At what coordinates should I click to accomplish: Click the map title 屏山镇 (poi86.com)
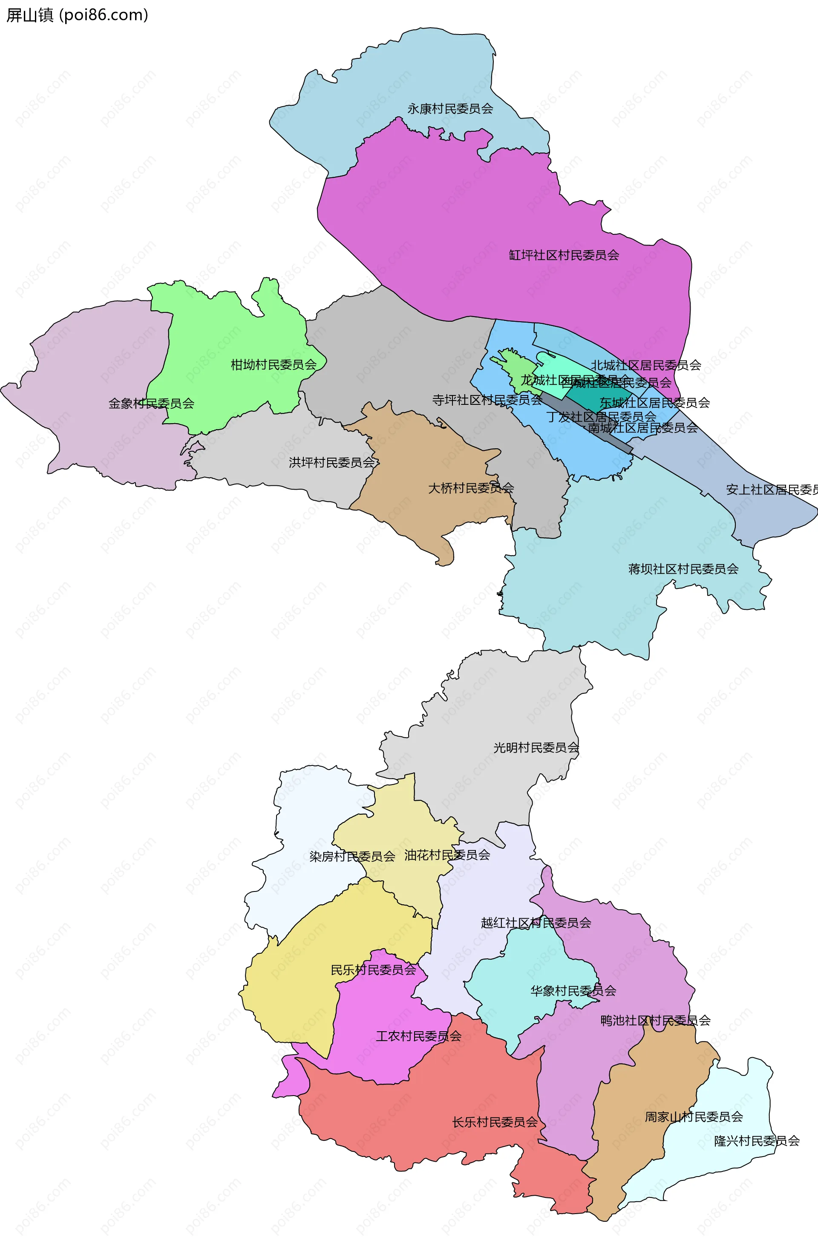(77, 15)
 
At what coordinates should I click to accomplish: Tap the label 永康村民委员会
(450, 109)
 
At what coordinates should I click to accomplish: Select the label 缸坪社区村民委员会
(564, 255)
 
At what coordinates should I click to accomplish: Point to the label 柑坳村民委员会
(274, 364)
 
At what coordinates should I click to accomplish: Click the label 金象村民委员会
(151, 403)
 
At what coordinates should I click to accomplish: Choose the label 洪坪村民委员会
(331, 462)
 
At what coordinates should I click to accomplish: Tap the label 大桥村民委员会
(471, 488)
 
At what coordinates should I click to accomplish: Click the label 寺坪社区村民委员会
(487, 400)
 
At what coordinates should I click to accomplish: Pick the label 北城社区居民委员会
(646, 365)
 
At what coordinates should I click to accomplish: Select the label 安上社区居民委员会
(771, 490)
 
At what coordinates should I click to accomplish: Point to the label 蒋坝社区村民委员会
(683, 569)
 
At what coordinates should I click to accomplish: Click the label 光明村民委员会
(536, 747)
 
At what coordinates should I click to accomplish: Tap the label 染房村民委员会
(352, 857)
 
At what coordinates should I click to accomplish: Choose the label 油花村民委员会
(447, 855)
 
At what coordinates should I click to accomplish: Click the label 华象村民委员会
(573, 991)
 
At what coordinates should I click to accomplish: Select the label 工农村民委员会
(418, 1036)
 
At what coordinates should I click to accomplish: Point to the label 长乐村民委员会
(495, 1122)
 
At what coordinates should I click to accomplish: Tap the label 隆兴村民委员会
(757, 1141)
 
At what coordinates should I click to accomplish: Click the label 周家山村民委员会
(694, 1117)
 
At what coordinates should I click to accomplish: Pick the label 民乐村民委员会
(373, 970)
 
